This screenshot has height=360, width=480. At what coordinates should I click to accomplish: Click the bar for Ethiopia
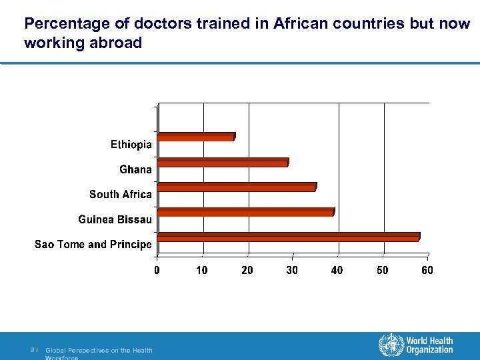tap(196, 137)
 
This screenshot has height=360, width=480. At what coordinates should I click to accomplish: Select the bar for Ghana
tap(223, 162)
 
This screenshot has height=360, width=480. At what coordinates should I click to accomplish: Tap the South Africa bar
tap(237, 187)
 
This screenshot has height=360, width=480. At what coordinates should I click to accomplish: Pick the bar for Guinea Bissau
tap(245, 212)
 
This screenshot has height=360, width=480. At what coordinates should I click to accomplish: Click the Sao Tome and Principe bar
tap(288, 237)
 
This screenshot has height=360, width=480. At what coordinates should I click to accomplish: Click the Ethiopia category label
tap(131, 145)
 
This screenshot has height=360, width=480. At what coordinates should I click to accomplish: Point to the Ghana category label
tap(135, 169)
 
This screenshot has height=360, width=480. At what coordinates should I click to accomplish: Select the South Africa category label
tap(121, 194)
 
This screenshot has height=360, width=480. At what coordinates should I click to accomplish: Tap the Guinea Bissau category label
tap(115, 219)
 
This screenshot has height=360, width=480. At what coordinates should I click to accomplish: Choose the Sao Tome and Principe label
tap(93, 244)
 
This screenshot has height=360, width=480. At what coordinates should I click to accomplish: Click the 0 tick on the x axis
tap(157, 270)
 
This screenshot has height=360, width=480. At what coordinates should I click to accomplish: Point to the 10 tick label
tap(201, 270)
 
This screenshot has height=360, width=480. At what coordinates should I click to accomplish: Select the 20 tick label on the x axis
tap(247, 270)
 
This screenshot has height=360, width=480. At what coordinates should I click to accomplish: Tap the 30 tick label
tap(292, 270)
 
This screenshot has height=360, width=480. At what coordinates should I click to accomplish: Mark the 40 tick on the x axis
tap(337, 270)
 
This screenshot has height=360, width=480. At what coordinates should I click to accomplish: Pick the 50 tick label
tap(382, 270)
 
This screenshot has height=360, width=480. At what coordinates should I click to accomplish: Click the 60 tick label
tap(427, 270)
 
